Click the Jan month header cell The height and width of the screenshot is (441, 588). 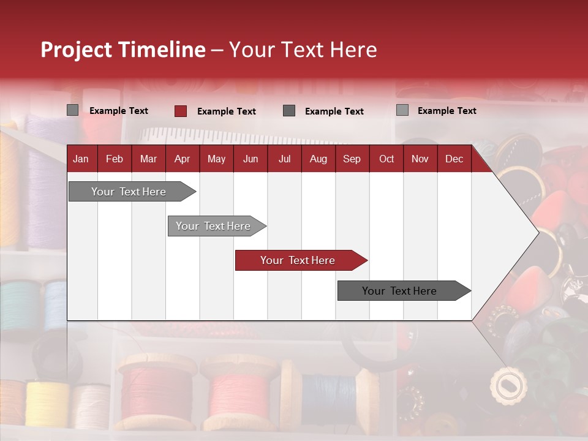(x=81, y=159)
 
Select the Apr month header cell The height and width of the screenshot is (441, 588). (x=183, y=159)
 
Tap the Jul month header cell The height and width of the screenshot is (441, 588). (x=284, y=159)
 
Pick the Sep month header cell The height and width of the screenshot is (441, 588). (x=352, y=159)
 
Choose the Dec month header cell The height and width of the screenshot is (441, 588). (x=454, y=159)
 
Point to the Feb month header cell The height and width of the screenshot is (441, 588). (x=115, y=159)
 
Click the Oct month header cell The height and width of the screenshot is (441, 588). (x=386, y=159)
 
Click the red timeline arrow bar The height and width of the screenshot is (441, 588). (x=299, y=260)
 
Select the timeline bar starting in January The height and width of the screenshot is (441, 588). (x=130, y=192)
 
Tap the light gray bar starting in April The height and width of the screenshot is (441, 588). (x=214, y=226)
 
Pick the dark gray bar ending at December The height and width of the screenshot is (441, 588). (x=401, y=291)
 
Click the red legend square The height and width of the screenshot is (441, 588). (x=181, y=111)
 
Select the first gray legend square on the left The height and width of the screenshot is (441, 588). (x=73, y=110)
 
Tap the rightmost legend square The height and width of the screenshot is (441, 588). (x=402, y=110)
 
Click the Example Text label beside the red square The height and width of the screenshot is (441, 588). (x=226, y=111)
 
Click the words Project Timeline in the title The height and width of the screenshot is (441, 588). (x=123, y=50)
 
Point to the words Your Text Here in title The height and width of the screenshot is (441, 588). (x=303, y=50)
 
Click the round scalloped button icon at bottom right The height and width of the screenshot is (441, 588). (x=508, y=385)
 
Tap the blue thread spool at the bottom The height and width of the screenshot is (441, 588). (x=328, y=395)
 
